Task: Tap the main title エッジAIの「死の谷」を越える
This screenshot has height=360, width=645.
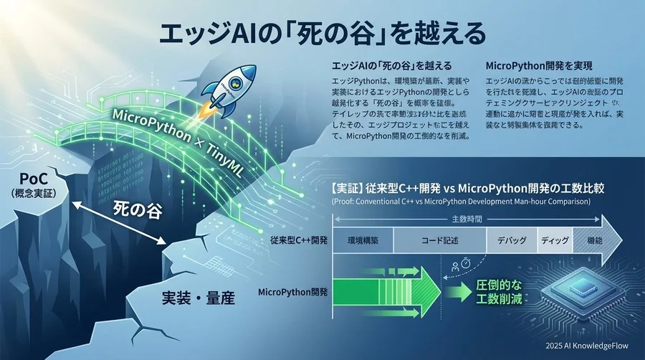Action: (x=322, y=33)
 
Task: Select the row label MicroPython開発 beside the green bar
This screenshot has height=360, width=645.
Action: (x=292, y=292)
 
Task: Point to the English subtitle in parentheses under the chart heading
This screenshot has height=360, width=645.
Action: (x=462, y=202)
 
